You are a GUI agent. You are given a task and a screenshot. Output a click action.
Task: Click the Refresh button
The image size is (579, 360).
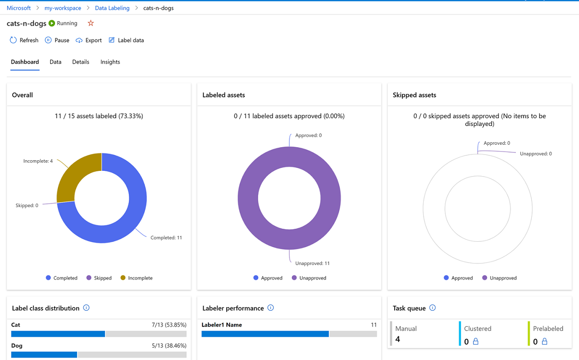24,41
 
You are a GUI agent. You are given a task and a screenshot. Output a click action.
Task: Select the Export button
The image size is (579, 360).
89,41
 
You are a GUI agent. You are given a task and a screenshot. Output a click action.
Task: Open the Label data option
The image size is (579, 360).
126,41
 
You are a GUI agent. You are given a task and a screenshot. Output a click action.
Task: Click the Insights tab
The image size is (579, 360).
110,62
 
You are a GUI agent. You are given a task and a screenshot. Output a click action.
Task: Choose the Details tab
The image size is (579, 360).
81,62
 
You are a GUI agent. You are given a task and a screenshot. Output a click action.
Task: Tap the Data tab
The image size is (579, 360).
55,62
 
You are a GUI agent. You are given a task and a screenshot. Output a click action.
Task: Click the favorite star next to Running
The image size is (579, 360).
91,23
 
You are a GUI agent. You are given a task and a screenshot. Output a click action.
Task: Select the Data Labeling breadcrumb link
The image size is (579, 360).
112,8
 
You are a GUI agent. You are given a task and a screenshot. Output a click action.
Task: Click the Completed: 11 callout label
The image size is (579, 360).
166,237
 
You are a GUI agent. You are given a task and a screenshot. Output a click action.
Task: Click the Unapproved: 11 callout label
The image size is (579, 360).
312,263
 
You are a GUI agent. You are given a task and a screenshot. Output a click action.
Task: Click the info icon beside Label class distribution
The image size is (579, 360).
86,308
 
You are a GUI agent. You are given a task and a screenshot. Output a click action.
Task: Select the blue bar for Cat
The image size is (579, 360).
58,334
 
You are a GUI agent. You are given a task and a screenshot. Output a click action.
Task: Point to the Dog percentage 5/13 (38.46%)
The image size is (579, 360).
168,346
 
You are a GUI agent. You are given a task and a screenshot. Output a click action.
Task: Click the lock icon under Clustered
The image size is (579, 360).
476,342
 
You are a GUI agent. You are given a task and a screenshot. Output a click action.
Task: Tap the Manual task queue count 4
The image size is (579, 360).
398,339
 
